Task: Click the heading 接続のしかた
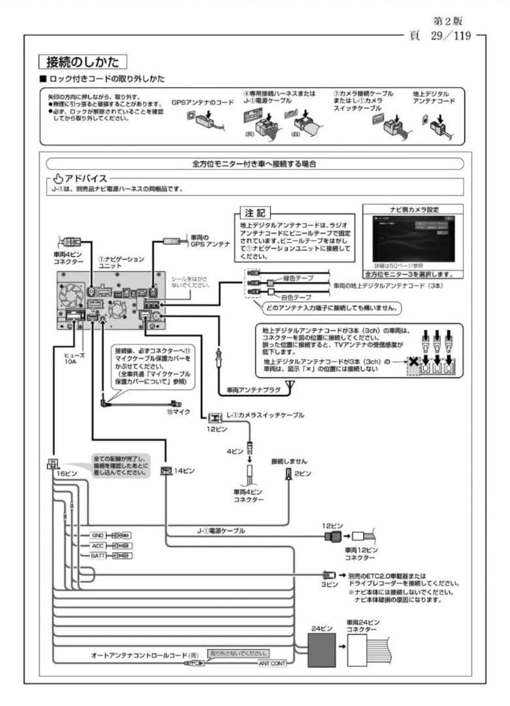[x=82, y=62]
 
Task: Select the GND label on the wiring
[x=98, y=535]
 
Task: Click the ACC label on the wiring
[x=98, y=545]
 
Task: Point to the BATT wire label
[x=98, y=556]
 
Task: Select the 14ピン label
[x=185, y=470]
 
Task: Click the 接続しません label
[x=289, y=461]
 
